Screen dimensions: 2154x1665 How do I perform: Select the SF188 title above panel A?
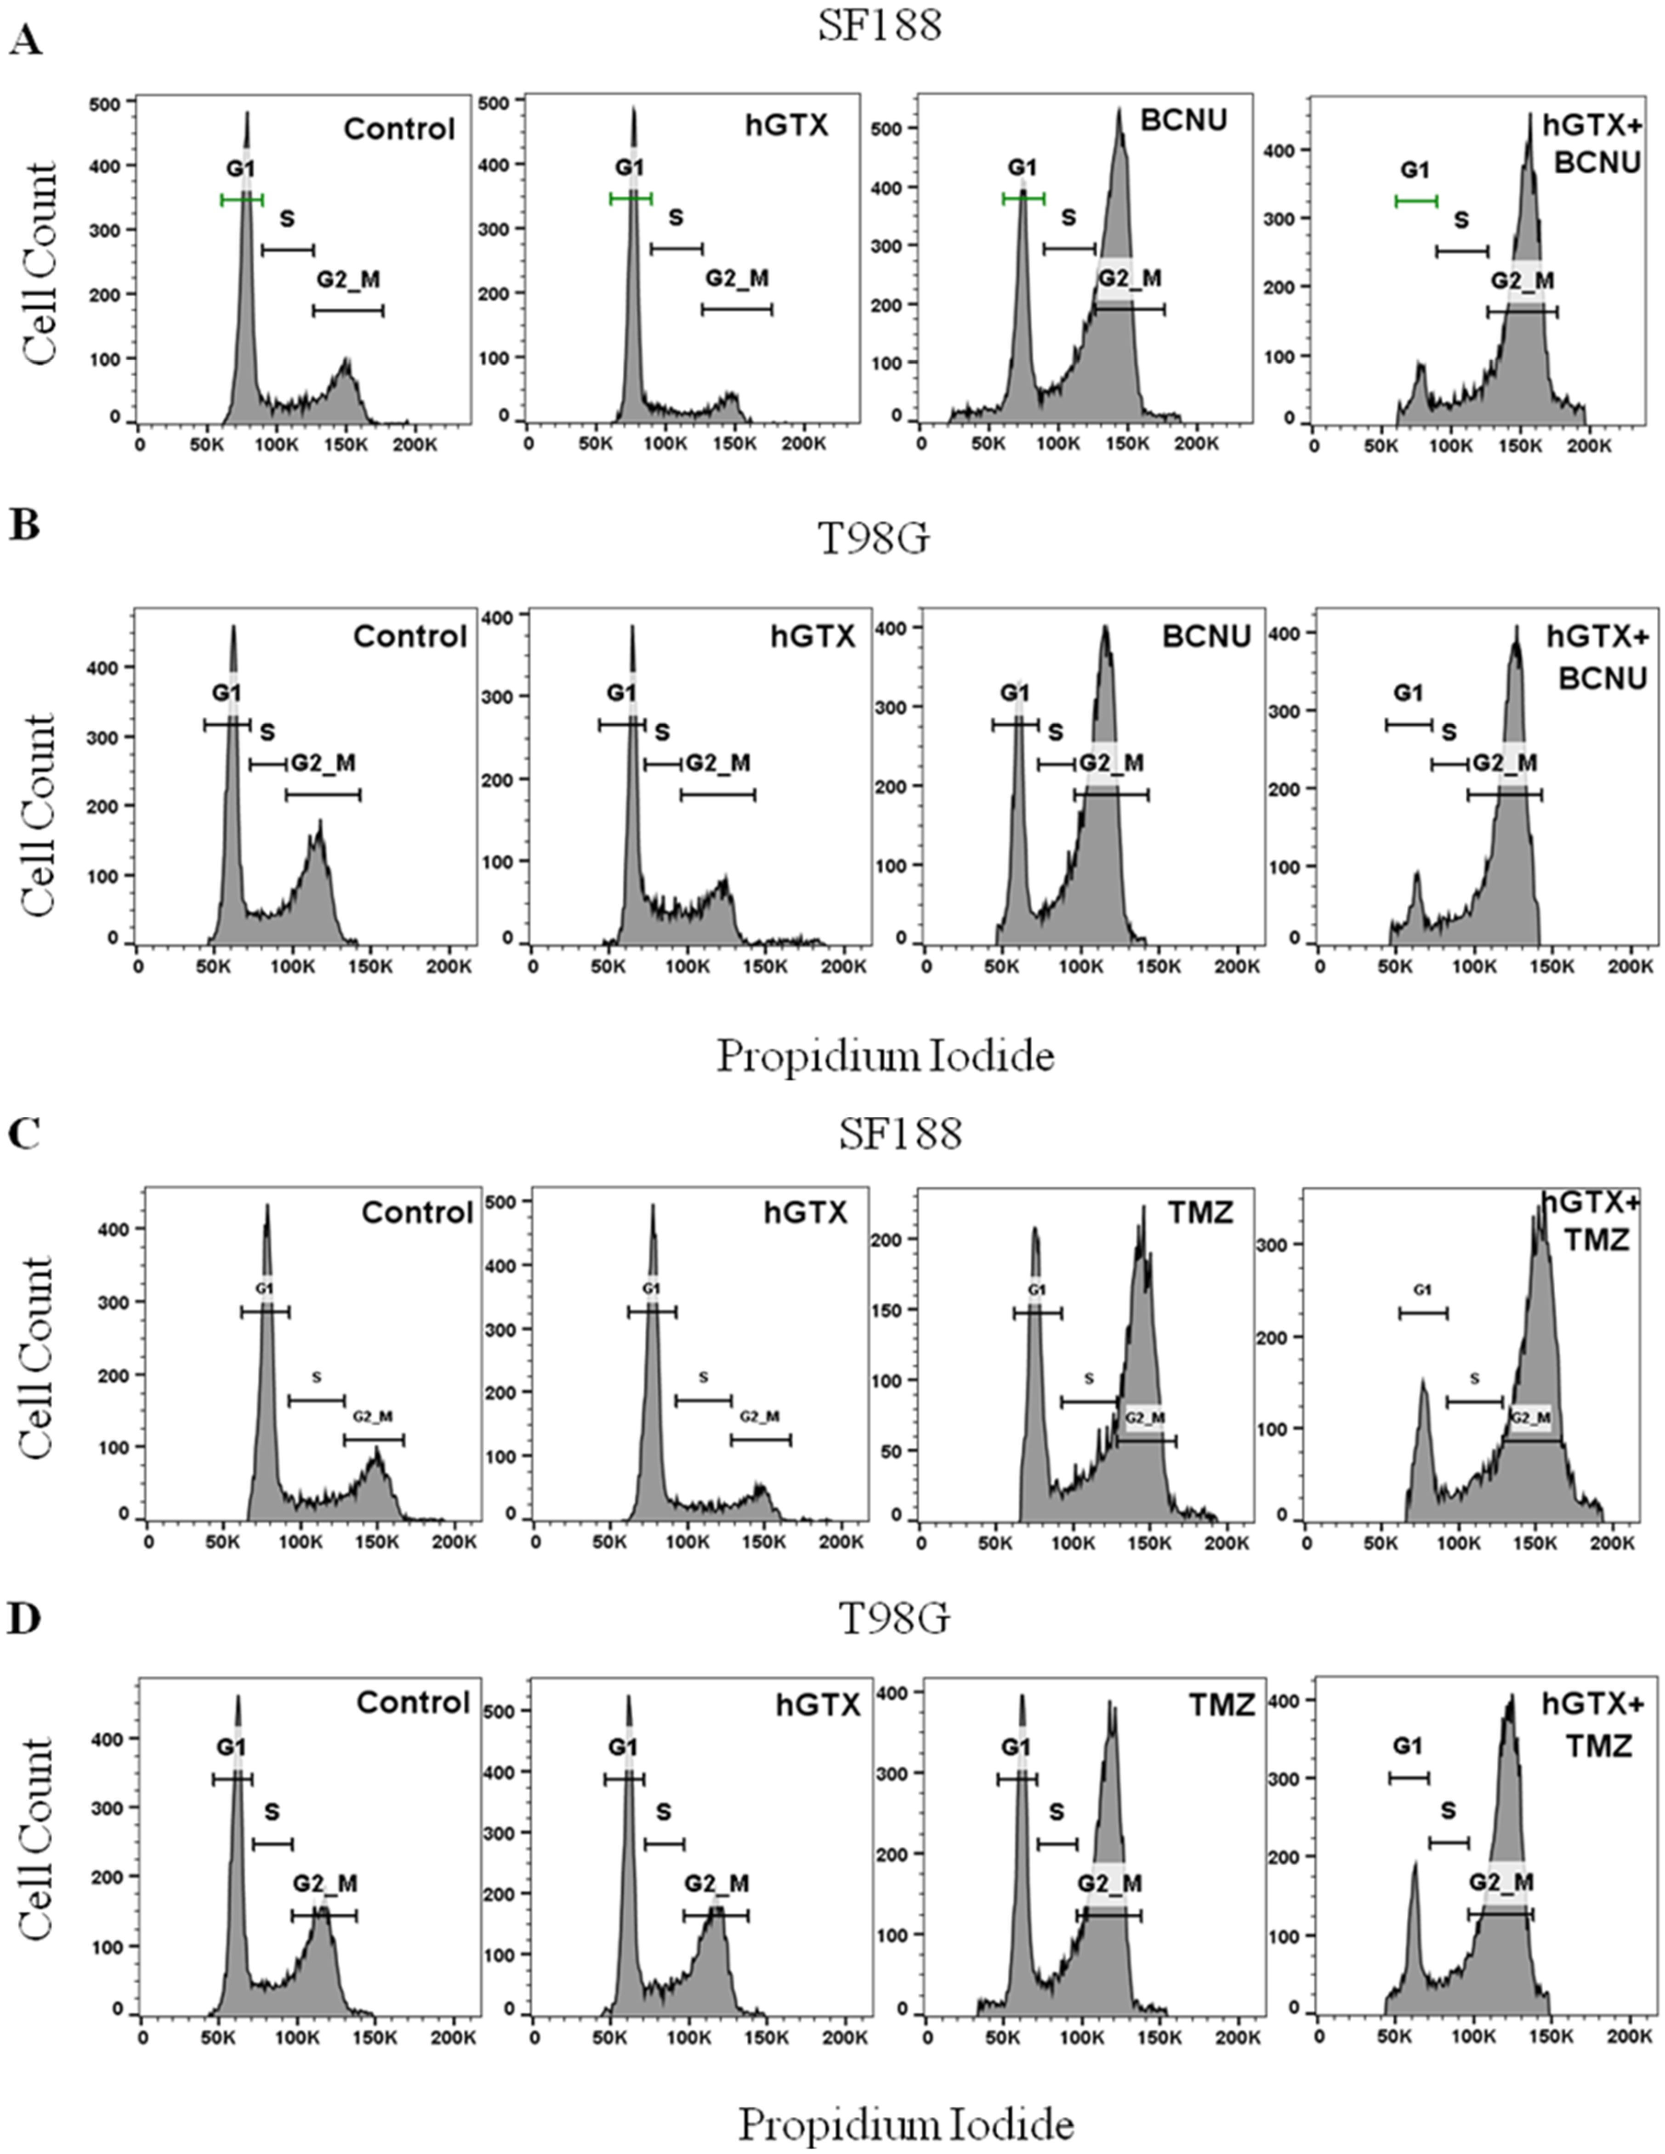(x=879, y=26)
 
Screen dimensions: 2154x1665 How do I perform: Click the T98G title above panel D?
(x=894, y=1618)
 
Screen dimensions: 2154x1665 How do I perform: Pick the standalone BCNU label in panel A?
(x=1184, y=120)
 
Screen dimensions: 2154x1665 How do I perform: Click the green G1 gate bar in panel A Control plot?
(x=242, y=200)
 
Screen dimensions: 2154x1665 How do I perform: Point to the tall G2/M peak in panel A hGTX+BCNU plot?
(x=1529, y=143)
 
